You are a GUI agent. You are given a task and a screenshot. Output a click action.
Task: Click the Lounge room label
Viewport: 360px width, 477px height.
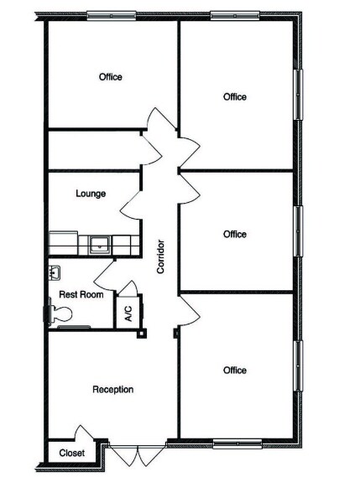click(91, 194)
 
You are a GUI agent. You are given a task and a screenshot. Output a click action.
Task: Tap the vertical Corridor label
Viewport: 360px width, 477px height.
click(159, 257)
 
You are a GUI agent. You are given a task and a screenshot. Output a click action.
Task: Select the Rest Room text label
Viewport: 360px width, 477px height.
click(81, 295)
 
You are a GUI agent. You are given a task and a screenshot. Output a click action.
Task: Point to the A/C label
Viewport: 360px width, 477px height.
click(128, 314)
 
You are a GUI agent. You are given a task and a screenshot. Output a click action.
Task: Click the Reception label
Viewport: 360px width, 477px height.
click(112, 389)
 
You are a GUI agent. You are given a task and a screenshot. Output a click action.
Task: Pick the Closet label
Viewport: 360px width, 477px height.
click(71, 454)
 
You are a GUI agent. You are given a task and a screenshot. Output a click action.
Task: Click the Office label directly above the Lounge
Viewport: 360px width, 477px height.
click(110, 77)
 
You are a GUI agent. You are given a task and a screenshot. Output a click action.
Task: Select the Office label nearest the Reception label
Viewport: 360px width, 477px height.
click(235, 370)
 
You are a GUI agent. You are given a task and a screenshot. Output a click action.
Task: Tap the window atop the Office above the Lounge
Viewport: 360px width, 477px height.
click(112, 15)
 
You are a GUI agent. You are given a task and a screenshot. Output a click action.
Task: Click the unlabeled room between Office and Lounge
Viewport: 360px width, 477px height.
click(92, 150)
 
